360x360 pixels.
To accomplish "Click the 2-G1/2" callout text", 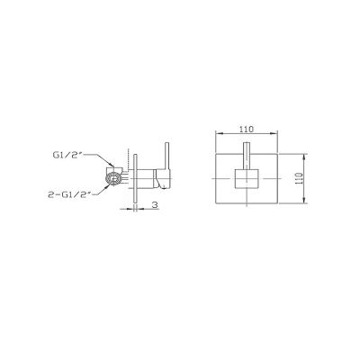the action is coord(69,194).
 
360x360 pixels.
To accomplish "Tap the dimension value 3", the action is coord(155,205).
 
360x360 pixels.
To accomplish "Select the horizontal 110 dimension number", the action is coord(247,129).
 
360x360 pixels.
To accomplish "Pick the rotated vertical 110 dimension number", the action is coord(299,178).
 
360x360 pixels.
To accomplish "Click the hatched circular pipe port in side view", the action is coord(113,179).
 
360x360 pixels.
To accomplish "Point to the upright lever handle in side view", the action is coord(166,156).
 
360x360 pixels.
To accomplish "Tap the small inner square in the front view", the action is coord(247,179).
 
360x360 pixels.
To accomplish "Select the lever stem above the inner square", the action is coord(247,156).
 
